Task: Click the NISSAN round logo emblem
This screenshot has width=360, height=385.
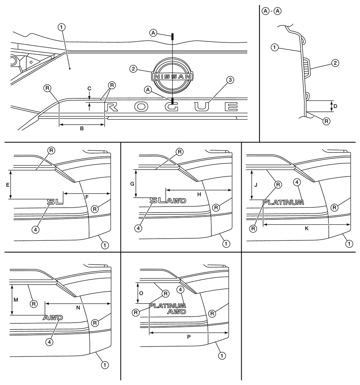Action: tap(172, 76)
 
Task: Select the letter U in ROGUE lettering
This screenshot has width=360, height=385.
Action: tap(202, 106)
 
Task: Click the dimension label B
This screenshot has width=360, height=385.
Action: tap(82, 129)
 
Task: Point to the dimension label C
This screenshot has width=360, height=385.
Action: tap(89, 88)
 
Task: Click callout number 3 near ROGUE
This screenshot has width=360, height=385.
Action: tap(230, 80)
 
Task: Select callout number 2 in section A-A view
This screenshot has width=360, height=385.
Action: tap(335, 63)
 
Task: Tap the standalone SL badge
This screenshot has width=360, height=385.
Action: tap(55, 202)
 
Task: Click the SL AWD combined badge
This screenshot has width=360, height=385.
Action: tap(168, 201)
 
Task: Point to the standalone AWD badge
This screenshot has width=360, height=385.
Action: tap(53, 317)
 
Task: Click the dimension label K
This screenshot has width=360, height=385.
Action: tap(307, 229)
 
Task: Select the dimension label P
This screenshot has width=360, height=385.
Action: tap(189, 337)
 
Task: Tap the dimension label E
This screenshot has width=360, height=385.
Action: tap(8, 184)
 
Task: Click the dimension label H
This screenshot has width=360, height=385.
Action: tap(199, 194)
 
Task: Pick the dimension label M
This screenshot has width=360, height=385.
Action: tap(15, 300)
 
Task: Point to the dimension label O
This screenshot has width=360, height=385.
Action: tap(141, 293)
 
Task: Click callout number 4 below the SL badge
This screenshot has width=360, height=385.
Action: tap(35, 230)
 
